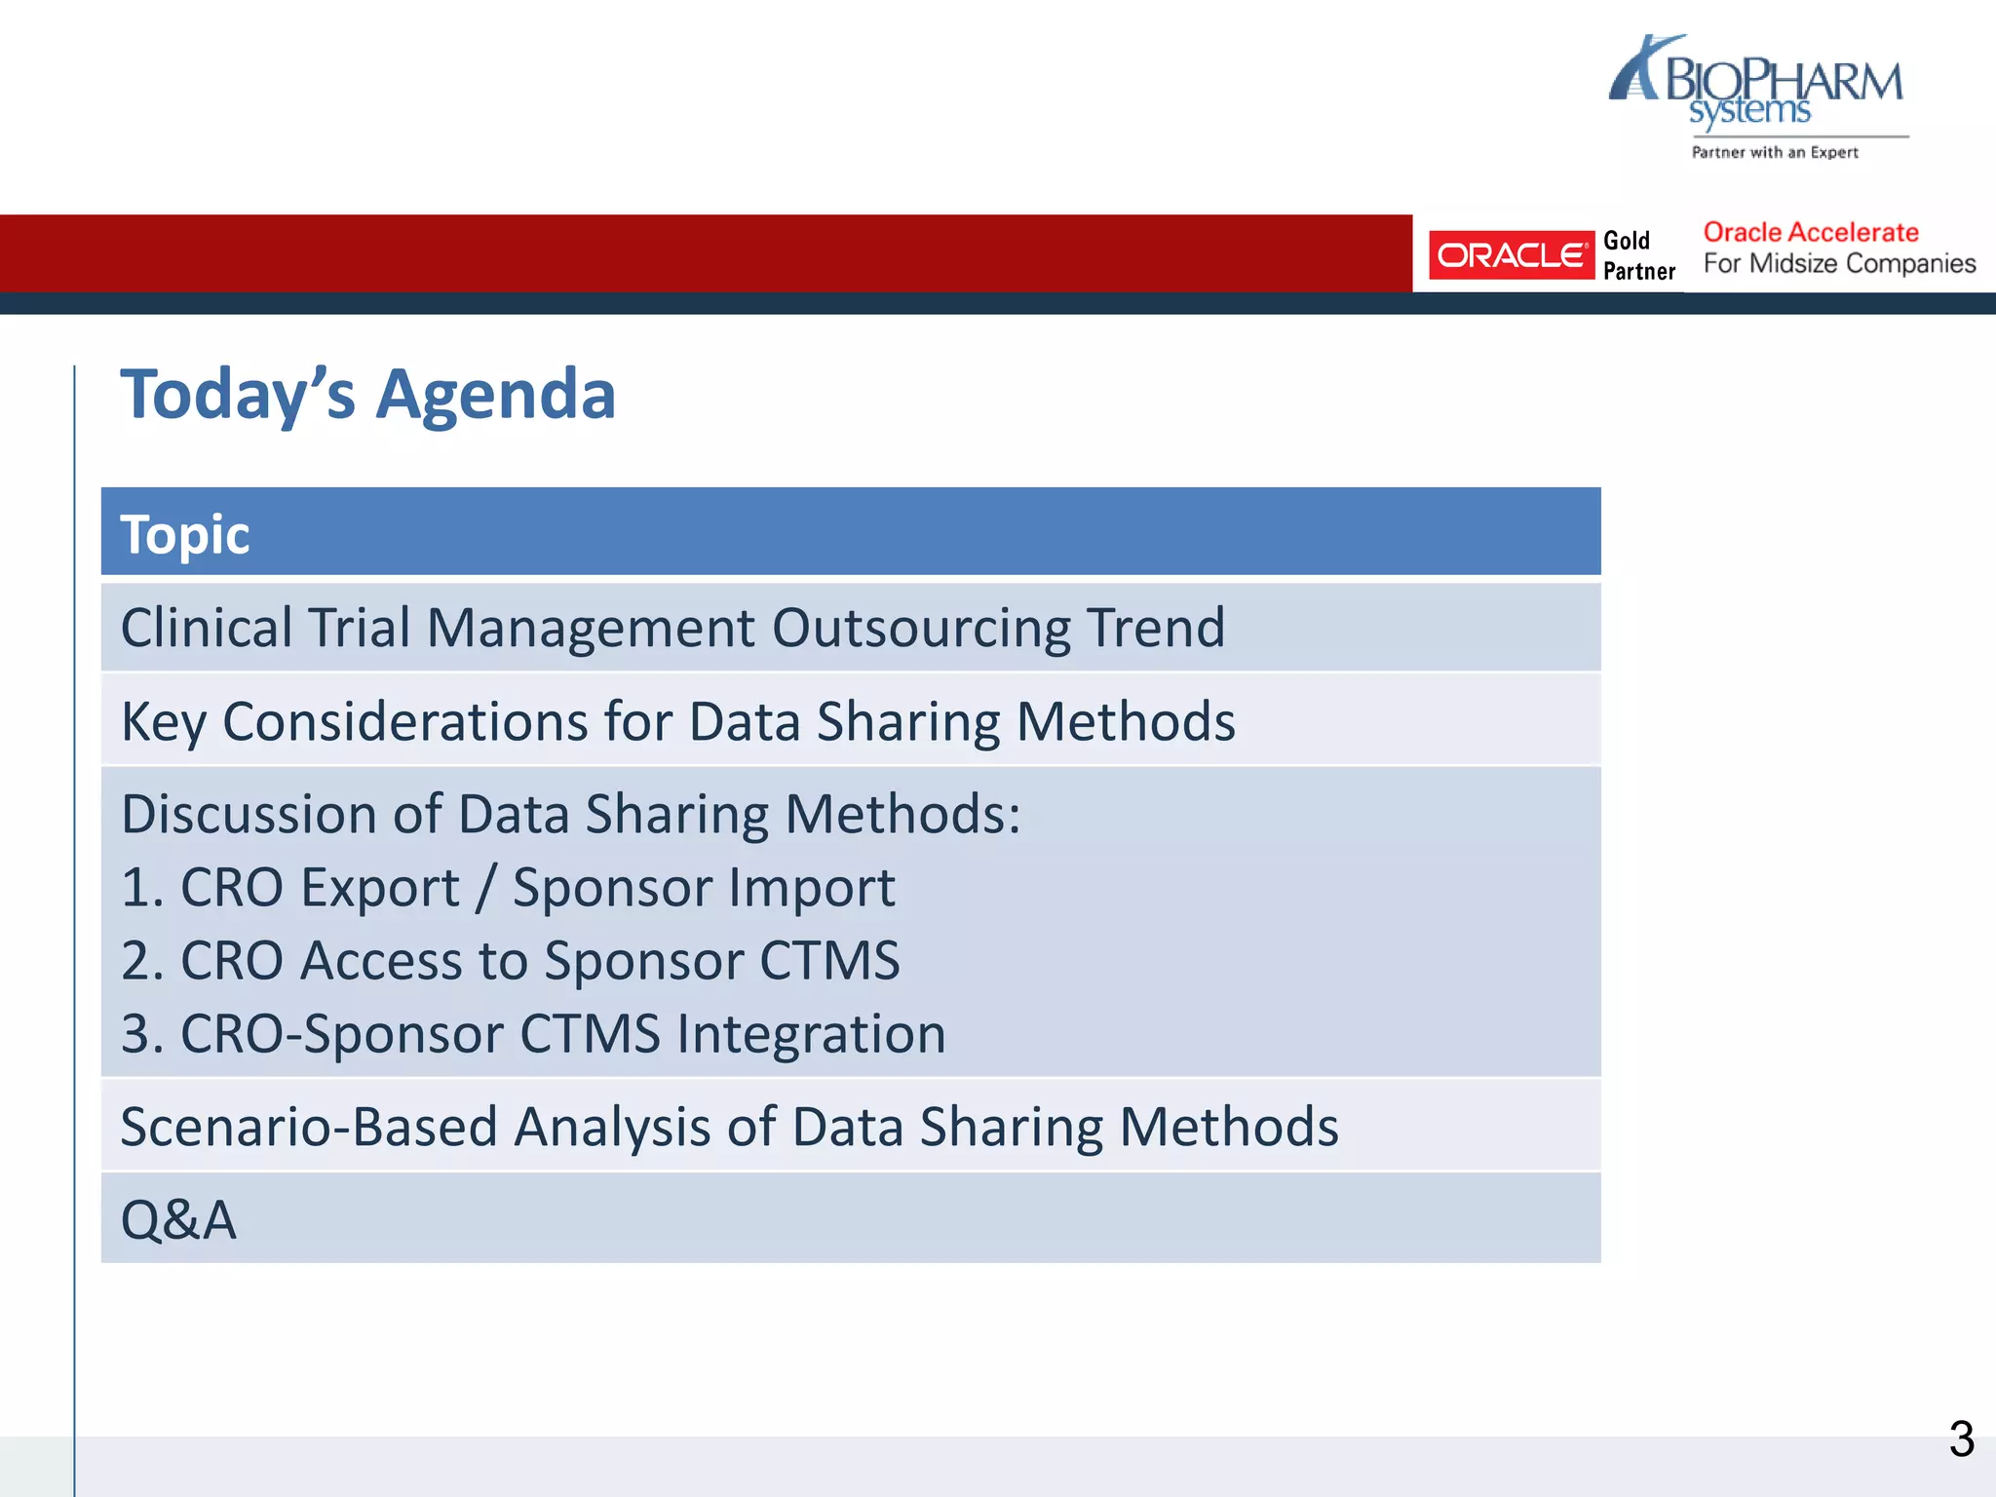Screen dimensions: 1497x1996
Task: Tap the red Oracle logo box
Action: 1510,255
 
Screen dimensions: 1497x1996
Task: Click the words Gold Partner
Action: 1638,255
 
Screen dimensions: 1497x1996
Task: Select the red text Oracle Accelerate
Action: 1810,233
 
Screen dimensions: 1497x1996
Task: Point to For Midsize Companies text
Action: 1838,264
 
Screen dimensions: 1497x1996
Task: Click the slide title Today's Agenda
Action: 367,395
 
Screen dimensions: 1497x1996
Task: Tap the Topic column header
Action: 185,534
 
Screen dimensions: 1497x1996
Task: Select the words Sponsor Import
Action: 703,888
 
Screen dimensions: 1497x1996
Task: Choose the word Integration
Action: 811,1034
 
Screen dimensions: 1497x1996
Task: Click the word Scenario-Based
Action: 309,1127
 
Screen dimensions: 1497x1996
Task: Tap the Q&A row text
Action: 178,1219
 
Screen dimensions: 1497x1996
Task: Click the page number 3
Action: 1960,1439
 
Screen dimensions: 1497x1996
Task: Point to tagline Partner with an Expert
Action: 1774,152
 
